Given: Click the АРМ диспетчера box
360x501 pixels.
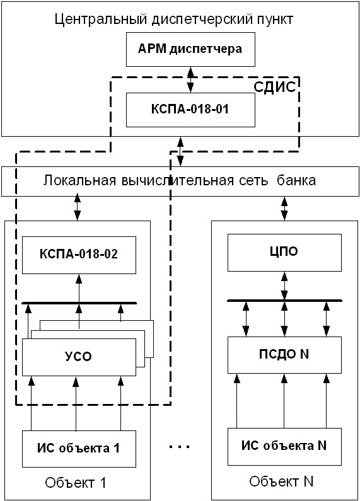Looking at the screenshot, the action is [x=190, y=49].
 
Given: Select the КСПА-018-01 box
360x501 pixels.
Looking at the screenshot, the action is [x=190, y=110].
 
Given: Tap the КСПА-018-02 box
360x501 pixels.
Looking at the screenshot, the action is [x=79, y=255].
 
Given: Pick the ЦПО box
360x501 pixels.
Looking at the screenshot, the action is [x=284, y=253].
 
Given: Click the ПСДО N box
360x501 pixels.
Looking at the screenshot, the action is [x=284, y=355].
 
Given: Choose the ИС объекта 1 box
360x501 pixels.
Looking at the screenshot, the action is [x=79, y=449].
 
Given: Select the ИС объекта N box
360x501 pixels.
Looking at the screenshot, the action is [x=284, y=447].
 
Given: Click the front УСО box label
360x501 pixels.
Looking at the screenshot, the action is [x=78, y=357].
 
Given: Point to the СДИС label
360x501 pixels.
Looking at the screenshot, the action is [x=275, y=87].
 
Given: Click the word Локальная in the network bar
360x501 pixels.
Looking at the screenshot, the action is [x=79, y=180].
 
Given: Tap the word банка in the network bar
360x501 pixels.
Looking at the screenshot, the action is [x=296, y=180].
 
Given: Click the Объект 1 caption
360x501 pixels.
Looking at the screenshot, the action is [x=76, y=483].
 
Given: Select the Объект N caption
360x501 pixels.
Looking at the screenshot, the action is [x=281, y=481].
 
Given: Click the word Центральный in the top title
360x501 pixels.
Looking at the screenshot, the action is [x=101, y=20].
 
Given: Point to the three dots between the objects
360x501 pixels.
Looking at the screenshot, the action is [x=179, y=447].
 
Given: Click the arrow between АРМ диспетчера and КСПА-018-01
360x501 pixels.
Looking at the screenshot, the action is [x=190, y=79].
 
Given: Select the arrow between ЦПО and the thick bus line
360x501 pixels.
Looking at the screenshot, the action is [x=284, y=286].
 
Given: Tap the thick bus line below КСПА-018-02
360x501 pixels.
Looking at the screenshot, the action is [x=79, y=303].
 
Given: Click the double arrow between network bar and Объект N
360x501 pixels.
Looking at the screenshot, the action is [x=284, y=209].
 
